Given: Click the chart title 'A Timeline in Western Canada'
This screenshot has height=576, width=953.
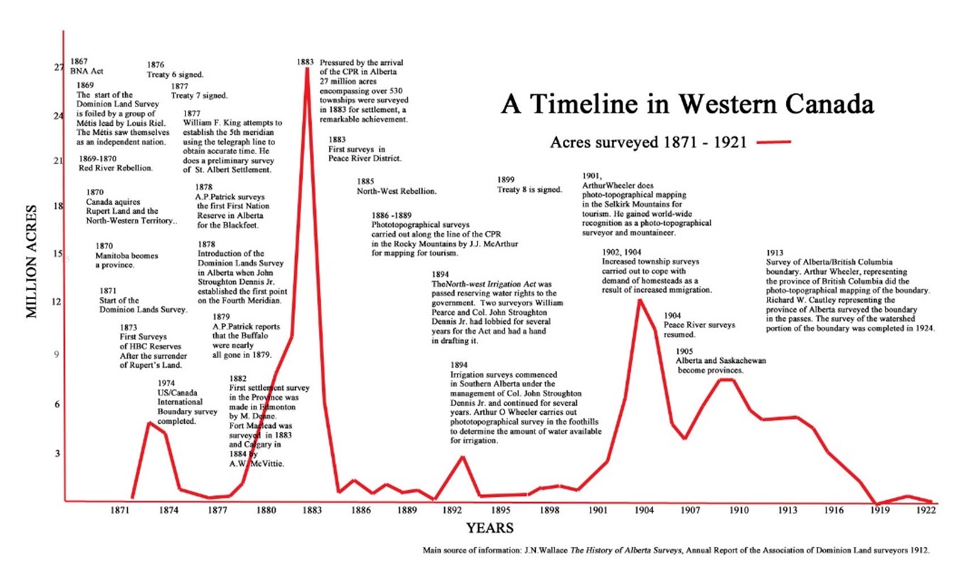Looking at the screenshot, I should [x=687, y=104].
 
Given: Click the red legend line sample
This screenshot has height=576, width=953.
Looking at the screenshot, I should [x=774, y=143].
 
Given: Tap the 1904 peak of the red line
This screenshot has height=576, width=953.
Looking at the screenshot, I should [x=640, y=300].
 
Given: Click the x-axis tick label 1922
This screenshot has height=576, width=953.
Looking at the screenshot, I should [x=925, y=510].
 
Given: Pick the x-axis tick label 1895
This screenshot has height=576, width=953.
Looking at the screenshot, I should [x=500, y=510].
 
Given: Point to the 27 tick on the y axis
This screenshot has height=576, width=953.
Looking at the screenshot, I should [x=58, y=68].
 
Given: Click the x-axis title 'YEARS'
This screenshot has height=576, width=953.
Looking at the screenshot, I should [x=490, y=528].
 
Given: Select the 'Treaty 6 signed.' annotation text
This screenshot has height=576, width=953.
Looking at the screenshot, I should [x=176, y=74].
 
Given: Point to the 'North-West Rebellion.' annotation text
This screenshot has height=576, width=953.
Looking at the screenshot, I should [x=396, y=191].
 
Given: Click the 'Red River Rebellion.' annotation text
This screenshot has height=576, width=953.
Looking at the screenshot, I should [x=117, y=168].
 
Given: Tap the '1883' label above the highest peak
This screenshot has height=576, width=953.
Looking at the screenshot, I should [x=306, y=62].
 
